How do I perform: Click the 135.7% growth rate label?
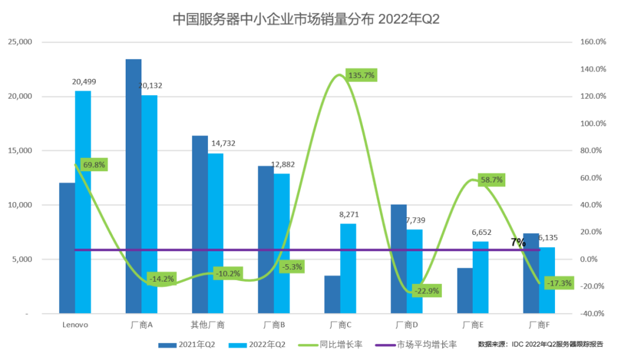(x=361, y=75)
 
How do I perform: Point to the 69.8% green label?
(x=94, y=165)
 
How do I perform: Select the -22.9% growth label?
(x=426, y=290)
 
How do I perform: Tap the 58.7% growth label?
(x=491, y=180)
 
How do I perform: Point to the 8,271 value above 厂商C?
(x=348, y=214)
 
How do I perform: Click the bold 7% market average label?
(x=518, y=242)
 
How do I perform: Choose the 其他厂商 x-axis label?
(x=207, y=325)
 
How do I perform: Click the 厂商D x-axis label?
(x=407, y=325)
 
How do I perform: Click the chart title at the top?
(x=306, y=19)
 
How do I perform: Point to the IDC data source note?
(x=540, y=344)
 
